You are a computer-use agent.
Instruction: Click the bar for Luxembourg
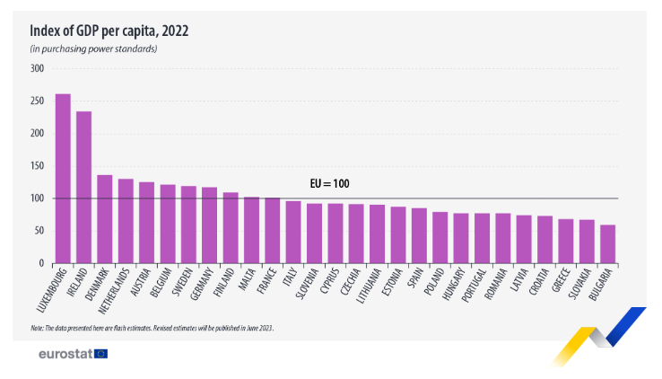[x=63, y=179]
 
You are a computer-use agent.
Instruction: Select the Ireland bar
[x=83, y=188]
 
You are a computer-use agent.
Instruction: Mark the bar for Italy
[x=293, y=232]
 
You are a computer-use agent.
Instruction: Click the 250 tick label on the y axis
[x=36, y=101]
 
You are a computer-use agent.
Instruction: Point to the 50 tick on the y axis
[x=39, y=231]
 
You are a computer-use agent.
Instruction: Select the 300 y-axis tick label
[x=36, y=68]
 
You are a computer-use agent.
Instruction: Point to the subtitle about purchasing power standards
[x=94, y=48]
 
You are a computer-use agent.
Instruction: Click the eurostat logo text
[x=65, y=355]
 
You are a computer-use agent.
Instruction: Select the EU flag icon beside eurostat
[x=100, y=354]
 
